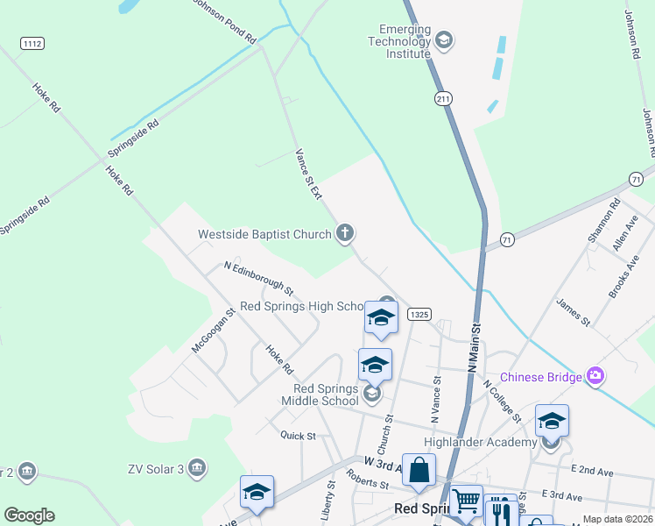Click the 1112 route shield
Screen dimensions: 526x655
point(32,43)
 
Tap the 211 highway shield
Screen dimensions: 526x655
point(443,100)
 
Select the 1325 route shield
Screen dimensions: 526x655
point(419,315)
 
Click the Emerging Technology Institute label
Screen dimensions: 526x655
point(399,41)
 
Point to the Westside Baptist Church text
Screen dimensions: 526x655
point(264,234)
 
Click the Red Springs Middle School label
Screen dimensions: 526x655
point(327,394)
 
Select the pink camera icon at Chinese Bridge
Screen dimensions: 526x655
point(595,376)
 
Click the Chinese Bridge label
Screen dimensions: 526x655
point(539,378)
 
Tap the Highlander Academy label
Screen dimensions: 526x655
point(479,442)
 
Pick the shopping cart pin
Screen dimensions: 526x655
point(466,501)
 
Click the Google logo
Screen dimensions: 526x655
point(29,515)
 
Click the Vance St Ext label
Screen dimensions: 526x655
point(307,174)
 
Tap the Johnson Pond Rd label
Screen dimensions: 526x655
point(224,18)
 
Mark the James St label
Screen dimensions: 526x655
point(574,313)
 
